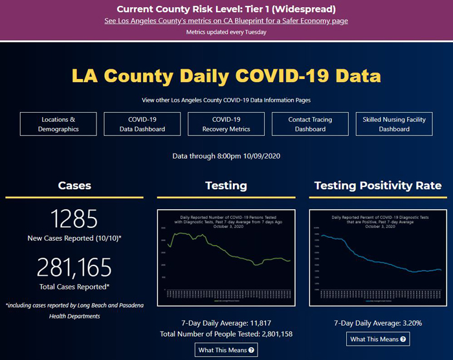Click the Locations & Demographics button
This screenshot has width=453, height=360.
58,124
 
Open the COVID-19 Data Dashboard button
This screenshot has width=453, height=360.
142,124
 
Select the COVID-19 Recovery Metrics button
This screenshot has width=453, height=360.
226,124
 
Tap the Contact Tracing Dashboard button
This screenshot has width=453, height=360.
310,124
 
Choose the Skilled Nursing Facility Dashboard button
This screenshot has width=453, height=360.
394,124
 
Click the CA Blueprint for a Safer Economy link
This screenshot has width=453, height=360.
226,21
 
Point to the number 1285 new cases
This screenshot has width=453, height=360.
74,218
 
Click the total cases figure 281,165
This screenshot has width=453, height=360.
74,267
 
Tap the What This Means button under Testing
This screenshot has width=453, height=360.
226,350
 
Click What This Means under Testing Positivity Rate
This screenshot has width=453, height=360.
379,339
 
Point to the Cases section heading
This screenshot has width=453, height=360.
74,185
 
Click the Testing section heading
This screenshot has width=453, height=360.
226,185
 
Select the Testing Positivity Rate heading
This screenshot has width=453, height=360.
378,185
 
